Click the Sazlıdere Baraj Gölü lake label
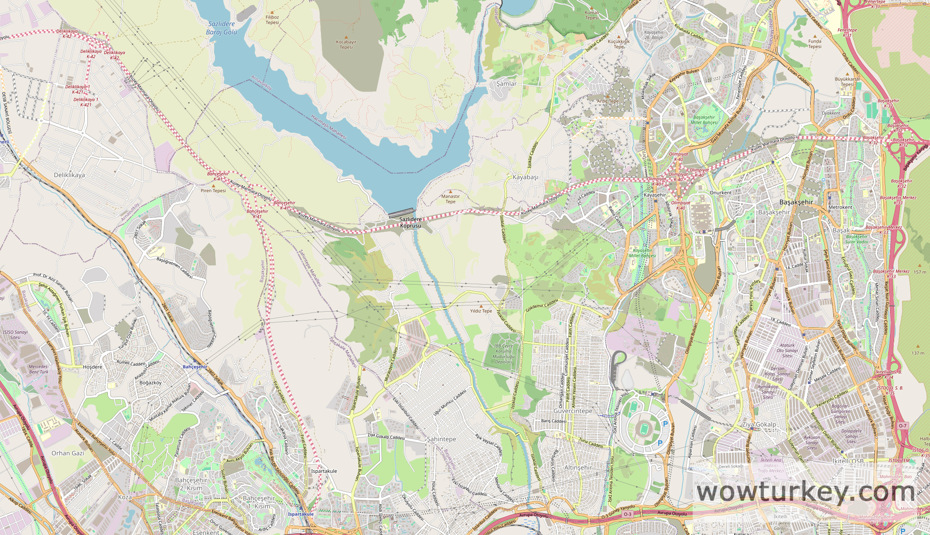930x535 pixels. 222,28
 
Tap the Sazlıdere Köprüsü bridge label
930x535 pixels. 410,222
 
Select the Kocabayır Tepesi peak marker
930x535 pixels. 346,37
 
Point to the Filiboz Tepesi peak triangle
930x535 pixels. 272,12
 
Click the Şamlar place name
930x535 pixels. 506,83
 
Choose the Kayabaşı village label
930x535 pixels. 525,177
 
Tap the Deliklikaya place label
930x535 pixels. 69,175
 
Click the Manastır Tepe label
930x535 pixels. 451,199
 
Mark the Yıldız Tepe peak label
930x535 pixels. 481,311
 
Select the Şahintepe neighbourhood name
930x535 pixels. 441,439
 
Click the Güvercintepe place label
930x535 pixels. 573,411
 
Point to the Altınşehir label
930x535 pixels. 578,468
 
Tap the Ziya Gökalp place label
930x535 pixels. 759,424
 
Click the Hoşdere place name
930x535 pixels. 92,367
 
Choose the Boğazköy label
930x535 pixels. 150,383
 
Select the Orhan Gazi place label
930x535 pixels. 67,453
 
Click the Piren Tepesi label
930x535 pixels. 213,190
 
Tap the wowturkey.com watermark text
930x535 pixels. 806,492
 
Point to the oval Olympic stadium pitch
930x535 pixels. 642,429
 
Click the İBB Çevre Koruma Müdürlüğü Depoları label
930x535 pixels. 503,354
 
